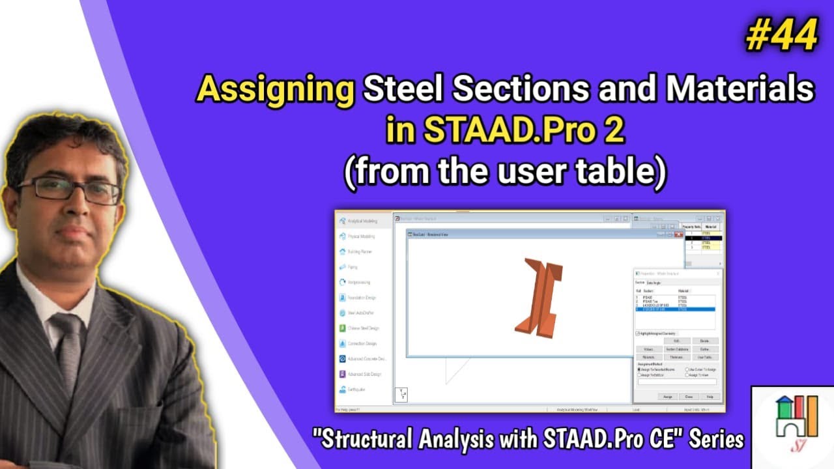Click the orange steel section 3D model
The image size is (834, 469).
tap(539, 296)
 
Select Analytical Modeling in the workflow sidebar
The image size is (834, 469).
tap(363, 221)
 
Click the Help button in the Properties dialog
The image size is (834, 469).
tap(710, 396)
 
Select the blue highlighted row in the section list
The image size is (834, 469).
tap(674, 310)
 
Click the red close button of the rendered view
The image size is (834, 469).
tap(678, 234)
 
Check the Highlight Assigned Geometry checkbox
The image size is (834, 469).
tap(637, 333)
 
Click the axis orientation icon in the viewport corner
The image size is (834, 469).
tap(401, 395)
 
